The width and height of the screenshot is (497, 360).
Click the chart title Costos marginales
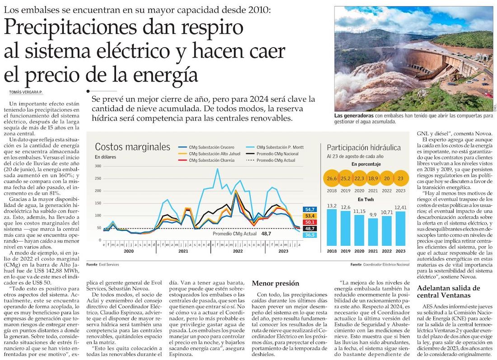coord(132,147)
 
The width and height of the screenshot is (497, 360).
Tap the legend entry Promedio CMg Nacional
coord(277,154)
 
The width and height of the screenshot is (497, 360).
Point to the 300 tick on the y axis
coord(98,166)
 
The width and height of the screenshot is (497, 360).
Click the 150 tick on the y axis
coord(98,203)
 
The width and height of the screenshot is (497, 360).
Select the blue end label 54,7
coord(309,210)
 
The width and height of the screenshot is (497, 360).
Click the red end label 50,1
coord(309,222)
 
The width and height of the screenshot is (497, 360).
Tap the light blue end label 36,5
coord(309,235)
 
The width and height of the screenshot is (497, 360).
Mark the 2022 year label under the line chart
coord(238,251)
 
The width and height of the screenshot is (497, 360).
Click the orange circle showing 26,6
coord(332,178)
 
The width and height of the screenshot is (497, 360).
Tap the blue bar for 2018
coord(332,227)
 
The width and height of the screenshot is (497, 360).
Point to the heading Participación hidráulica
coord(364,147)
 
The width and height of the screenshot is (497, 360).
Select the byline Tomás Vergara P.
coord(26,92)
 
